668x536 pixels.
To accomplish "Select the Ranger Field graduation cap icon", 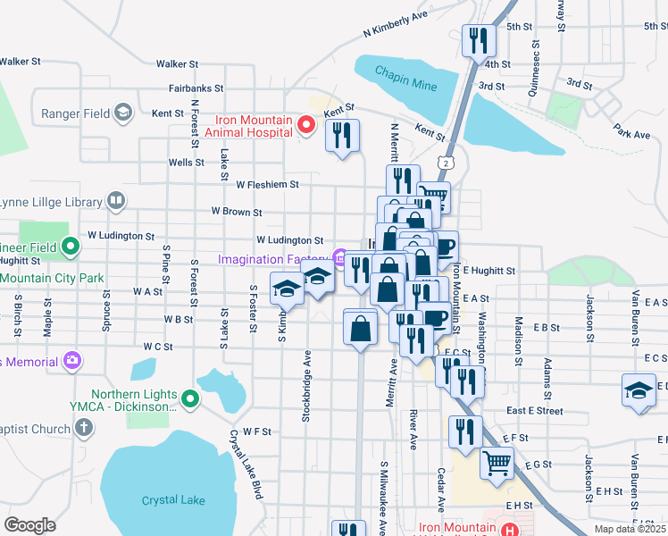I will [122, 113].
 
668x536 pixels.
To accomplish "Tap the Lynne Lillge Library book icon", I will [115, 200].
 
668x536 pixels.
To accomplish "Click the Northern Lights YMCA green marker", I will [189, 399].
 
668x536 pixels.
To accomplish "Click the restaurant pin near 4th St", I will [478, 40].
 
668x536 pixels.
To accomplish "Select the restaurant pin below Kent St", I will [342, 136].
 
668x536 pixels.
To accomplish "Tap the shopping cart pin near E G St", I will [497, 463].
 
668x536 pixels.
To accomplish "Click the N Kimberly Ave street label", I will [396, 24].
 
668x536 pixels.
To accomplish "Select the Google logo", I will [29, 524].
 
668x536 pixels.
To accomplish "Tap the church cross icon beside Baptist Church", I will [84, 428].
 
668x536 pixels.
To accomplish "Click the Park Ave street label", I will [632, 134].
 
